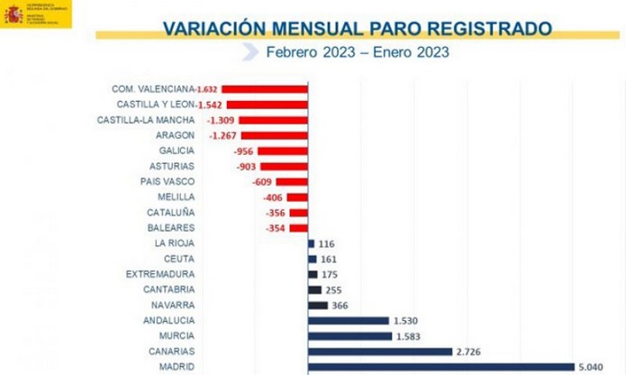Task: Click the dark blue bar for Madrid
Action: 440,367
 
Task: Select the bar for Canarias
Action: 379,351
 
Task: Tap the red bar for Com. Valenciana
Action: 264,89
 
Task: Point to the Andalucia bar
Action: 348,320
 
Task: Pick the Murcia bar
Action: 349,335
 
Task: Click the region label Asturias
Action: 172,166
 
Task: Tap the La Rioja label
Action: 175,243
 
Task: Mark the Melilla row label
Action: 175,197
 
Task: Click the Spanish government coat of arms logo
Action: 13,14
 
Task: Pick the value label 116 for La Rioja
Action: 327,243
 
